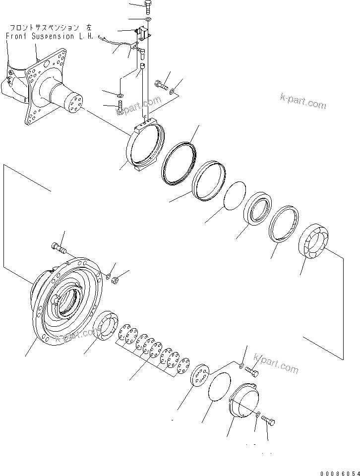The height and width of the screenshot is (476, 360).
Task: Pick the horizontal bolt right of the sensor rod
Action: click(162, 85)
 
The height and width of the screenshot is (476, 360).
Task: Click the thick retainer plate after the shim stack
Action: click(200, 375)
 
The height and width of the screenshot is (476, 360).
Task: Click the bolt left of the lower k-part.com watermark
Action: click(251, 371)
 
